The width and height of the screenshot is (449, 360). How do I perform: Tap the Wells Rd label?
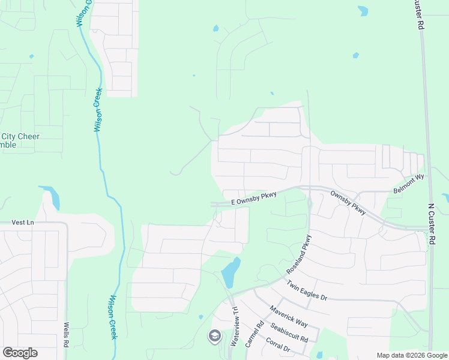click(67, 334)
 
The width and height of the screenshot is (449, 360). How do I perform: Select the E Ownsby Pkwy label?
click(254, 199)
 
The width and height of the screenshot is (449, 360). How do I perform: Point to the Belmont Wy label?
click(408, 183)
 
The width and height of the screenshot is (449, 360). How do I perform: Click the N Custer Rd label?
click(432, 223)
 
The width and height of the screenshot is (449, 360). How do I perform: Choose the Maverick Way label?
click(289, 316)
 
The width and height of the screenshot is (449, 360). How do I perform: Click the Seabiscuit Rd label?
click(289, 331)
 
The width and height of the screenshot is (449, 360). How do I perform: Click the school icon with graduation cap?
click(214, 336)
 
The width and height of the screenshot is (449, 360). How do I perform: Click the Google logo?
click(20, 353)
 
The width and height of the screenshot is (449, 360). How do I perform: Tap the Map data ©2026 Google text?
click(411, 355)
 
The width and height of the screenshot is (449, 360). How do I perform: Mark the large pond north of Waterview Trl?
click(231, 273)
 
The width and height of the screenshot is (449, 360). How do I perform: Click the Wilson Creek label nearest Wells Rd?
click(112, 317)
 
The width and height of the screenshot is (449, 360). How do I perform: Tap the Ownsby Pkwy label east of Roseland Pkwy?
click(348, 203)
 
